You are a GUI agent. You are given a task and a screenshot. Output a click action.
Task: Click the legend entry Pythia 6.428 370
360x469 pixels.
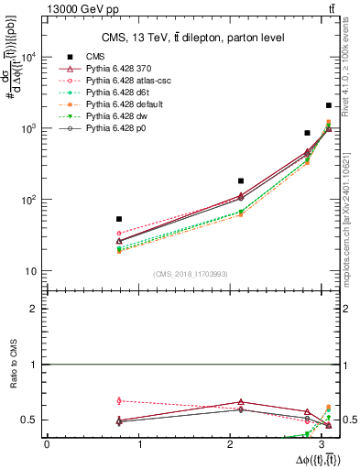click(x=120, y=69)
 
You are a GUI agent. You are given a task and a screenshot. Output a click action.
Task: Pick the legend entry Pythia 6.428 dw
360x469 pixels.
click(x=116, y=116)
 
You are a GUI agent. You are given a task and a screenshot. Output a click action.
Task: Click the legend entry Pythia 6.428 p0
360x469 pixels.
click(x=116, y=128)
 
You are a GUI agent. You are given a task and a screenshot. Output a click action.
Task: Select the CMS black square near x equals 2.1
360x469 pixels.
click(x=241, y=181)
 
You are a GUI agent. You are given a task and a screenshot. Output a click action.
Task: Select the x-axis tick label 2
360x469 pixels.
click(x=233, y=444)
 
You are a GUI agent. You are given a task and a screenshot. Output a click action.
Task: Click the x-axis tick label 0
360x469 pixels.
click(x=46, y=444)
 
